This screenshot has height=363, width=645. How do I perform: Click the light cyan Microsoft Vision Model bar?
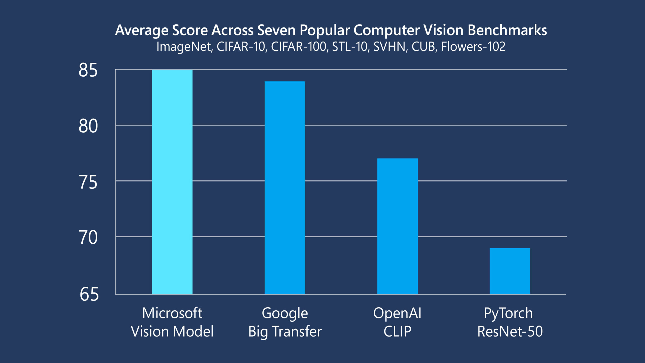[x=172, y=181]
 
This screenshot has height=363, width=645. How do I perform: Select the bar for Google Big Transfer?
[x=285, y=188]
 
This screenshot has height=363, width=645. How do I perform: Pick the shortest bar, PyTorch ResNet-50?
[x=510, y=271]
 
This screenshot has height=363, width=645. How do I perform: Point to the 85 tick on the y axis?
[x=88, y=70]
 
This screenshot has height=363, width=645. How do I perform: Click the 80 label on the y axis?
[x=88, y=126]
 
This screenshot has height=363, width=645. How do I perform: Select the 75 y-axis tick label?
[x=88, y=182]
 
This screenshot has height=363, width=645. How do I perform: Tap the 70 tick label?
[x=88, y=237]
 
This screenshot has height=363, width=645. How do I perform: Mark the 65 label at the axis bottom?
[x=89, y=294]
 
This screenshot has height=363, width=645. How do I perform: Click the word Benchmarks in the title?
[x=507, y=30]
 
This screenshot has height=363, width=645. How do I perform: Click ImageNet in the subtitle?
[x=184, y=47]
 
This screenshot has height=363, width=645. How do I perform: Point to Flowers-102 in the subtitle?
[x=473, y=47]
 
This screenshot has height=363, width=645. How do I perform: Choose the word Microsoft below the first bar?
[x=172, y=313]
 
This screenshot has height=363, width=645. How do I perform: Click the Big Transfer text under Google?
[x=285, y=332]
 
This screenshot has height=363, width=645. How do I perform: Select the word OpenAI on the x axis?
[x=397, y=313]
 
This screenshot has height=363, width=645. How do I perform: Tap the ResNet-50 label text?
[x=510, y=331]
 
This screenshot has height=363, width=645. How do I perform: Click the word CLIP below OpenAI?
[x=397, y=331]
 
